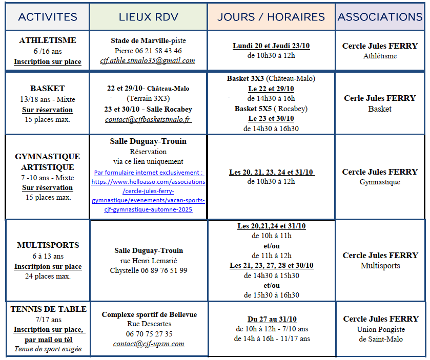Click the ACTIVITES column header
[48, 17]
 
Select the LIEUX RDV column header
[149, 17]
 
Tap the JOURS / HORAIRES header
[271, 17]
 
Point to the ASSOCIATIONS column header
[380, 17]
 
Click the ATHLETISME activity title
[47, 40]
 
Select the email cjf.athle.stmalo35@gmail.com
[148, 60]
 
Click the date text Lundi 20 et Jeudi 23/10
[271, 46]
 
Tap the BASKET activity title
[47, 89]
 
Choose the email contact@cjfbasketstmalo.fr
[148, 119]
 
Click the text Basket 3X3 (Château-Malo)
[271, 79]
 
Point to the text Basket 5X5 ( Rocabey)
[271, 109]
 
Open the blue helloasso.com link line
[148, 182]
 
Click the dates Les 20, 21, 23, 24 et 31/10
[271, 172]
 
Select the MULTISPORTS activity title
[48, 245]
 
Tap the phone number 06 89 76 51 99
[148, 270]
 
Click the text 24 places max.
[48, 277]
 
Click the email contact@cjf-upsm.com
[149, 344]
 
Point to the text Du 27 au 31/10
[271, 319]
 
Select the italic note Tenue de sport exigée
[48, 350]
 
